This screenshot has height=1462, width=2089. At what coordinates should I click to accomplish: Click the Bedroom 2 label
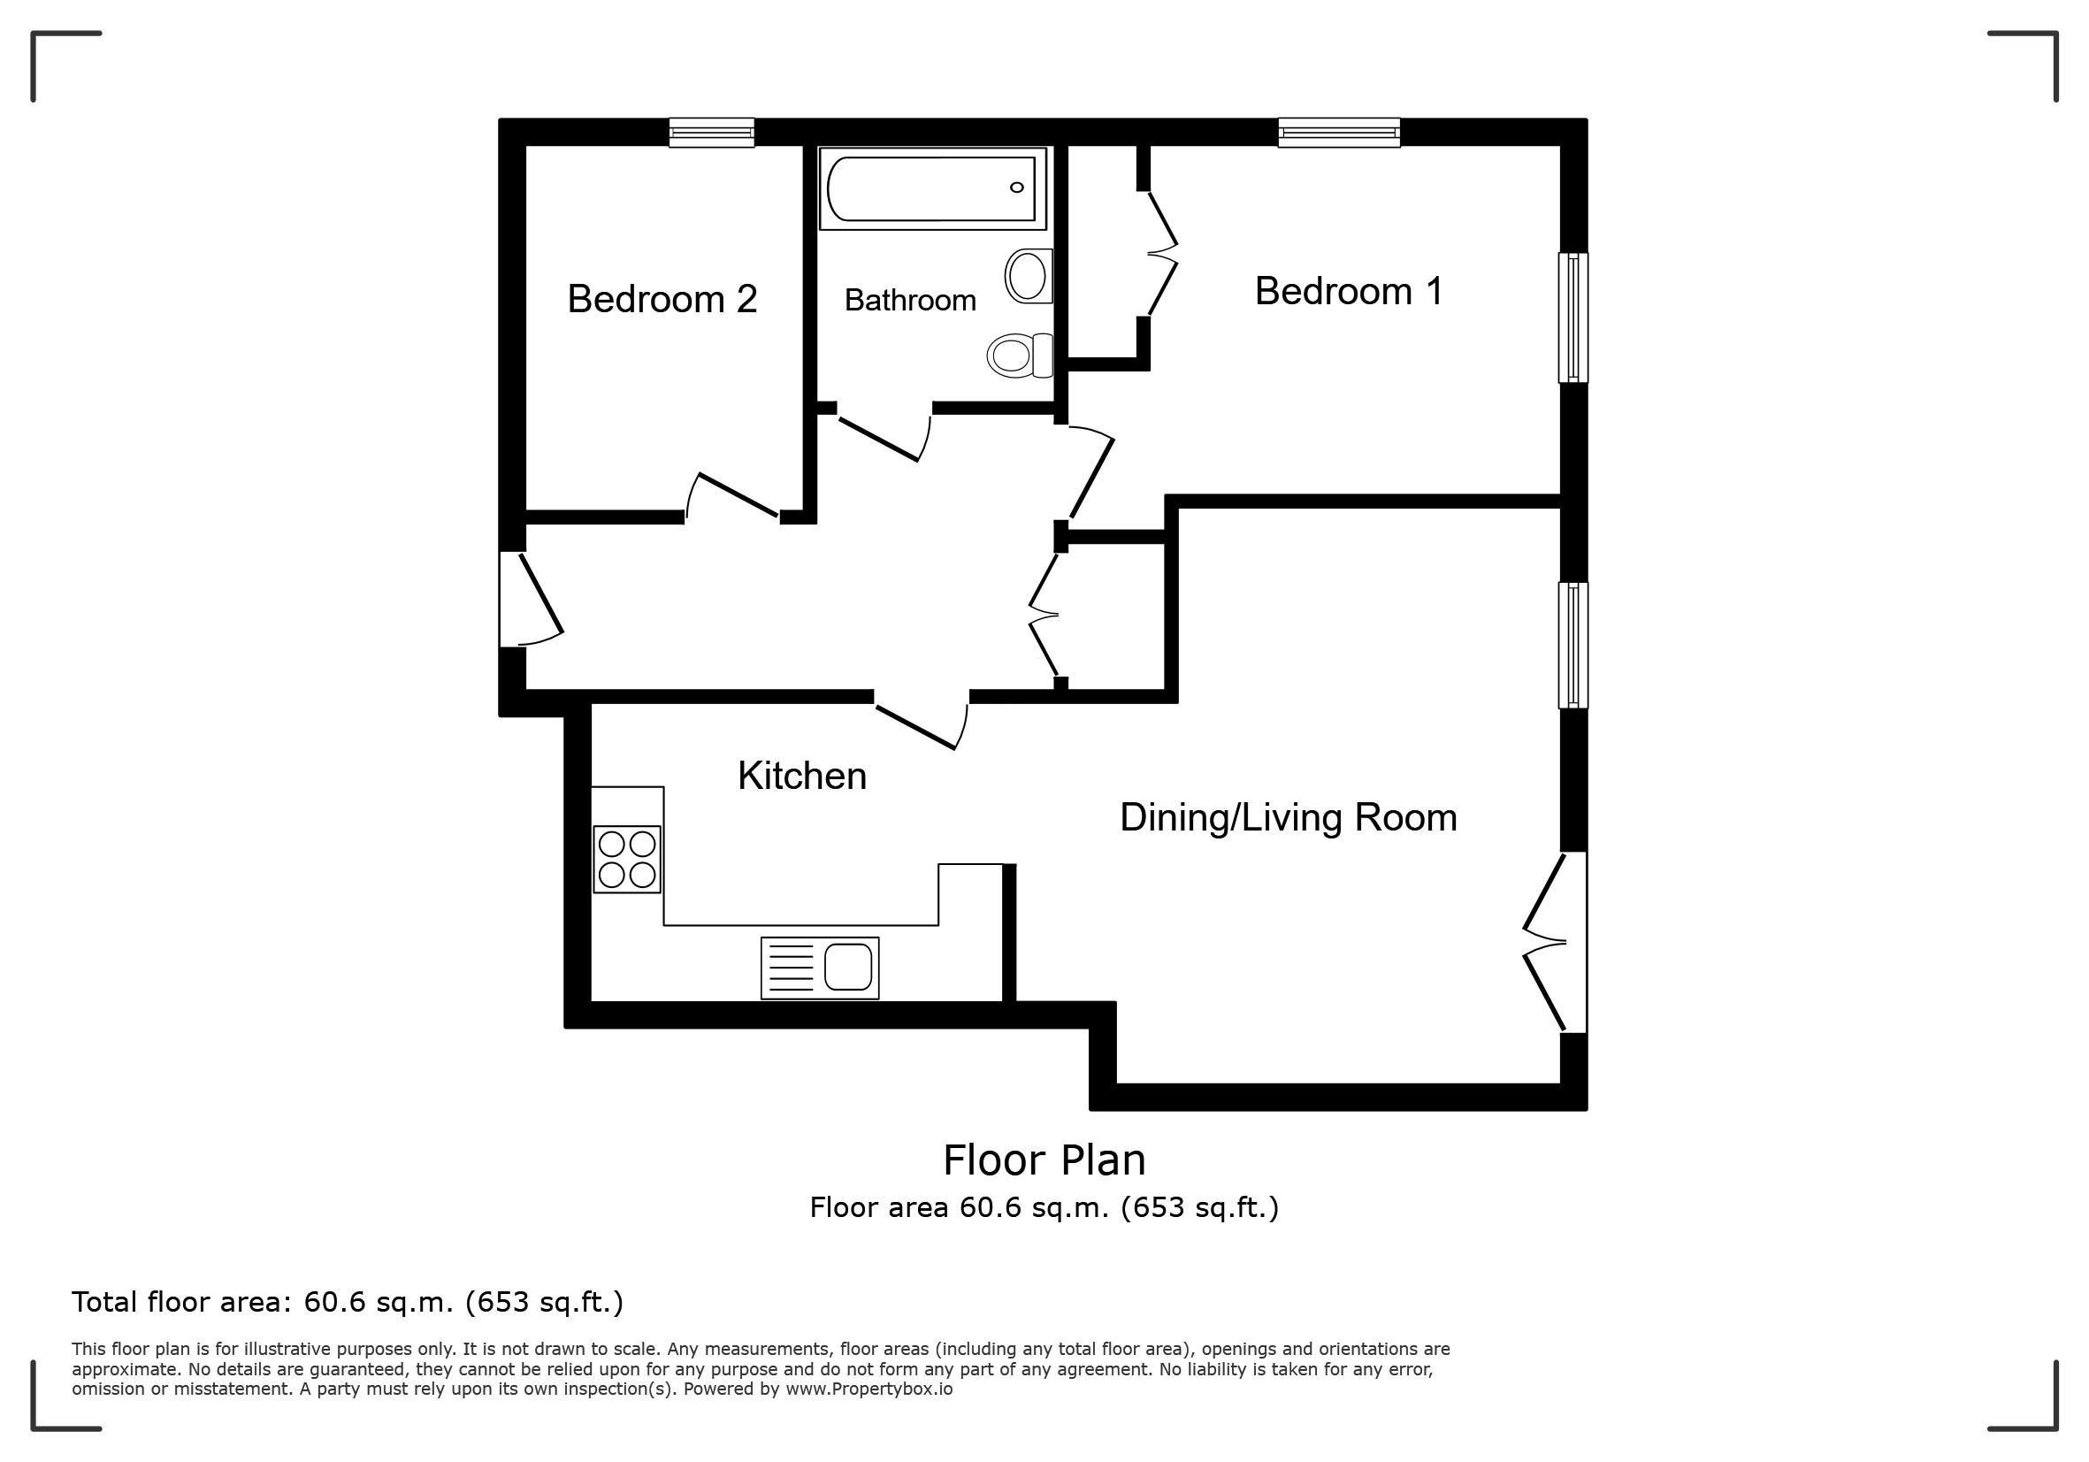click(x=662, y=298)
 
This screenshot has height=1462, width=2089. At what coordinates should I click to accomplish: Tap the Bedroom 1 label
click(x=1349, y=291)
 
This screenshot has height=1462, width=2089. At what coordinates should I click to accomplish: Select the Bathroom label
click(x=910, y=300)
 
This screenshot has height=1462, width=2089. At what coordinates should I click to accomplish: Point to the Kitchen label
click(x=801, y=776)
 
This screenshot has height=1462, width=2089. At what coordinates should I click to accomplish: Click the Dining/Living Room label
click(x=1289, y=817)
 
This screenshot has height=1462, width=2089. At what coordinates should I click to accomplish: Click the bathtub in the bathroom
click(x=932, y=188)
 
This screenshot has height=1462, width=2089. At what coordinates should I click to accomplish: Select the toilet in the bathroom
click(x=1020, y=355)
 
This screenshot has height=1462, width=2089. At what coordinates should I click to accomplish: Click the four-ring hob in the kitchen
click(x=627, y=859)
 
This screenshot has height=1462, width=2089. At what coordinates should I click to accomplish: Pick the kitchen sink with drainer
click(x=820, y=968)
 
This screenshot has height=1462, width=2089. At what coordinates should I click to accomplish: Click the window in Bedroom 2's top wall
click(x=711, y=133)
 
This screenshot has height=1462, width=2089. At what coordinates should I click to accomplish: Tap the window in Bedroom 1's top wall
click(x=1338, y=133)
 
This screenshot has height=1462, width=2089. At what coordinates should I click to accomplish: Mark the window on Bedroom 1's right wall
click(x=1573, y=318)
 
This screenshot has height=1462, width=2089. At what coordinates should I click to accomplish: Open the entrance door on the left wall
click(x=531, y=600)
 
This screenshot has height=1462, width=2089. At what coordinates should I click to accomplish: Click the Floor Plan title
click(x=1044, y=1160)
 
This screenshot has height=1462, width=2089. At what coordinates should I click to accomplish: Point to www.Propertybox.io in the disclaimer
click(x=869, y=1389)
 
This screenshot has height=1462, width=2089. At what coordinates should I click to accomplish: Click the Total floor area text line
click(x=348, y=1303)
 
